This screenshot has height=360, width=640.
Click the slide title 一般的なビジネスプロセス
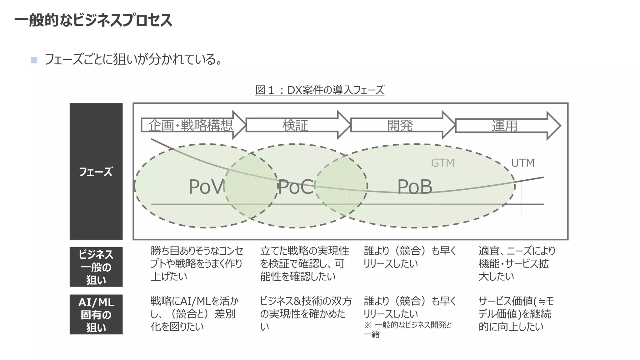[93, 21]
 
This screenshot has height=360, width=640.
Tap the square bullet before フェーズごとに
[34, 60]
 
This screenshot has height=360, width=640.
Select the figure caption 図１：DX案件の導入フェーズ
[320, 90]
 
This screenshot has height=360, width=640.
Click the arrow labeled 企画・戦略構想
[191, 125]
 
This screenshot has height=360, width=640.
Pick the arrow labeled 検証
[295, 125]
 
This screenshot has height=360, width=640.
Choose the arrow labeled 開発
[400, 125]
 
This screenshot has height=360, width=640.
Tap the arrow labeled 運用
[505, 126]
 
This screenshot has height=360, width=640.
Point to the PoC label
[295, 187]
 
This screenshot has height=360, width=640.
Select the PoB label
[415, 187]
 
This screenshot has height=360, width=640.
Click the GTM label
[442, 163]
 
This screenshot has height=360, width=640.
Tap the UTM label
[523, 163]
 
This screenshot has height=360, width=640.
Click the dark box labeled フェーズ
[96, 171]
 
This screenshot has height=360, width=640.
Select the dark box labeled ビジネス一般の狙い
[96, 267]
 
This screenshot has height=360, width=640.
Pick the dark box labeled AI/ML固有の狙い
[96, 314]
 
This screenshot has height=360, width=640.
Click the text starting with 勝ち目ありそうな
[197, 263]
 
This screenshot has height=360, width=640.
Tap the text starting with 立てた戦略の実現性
[304, 263]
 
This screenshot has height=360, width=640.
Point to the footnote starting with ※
[407, 330]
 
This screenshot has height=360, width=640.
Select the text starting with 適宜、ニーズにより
[517, 263]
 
